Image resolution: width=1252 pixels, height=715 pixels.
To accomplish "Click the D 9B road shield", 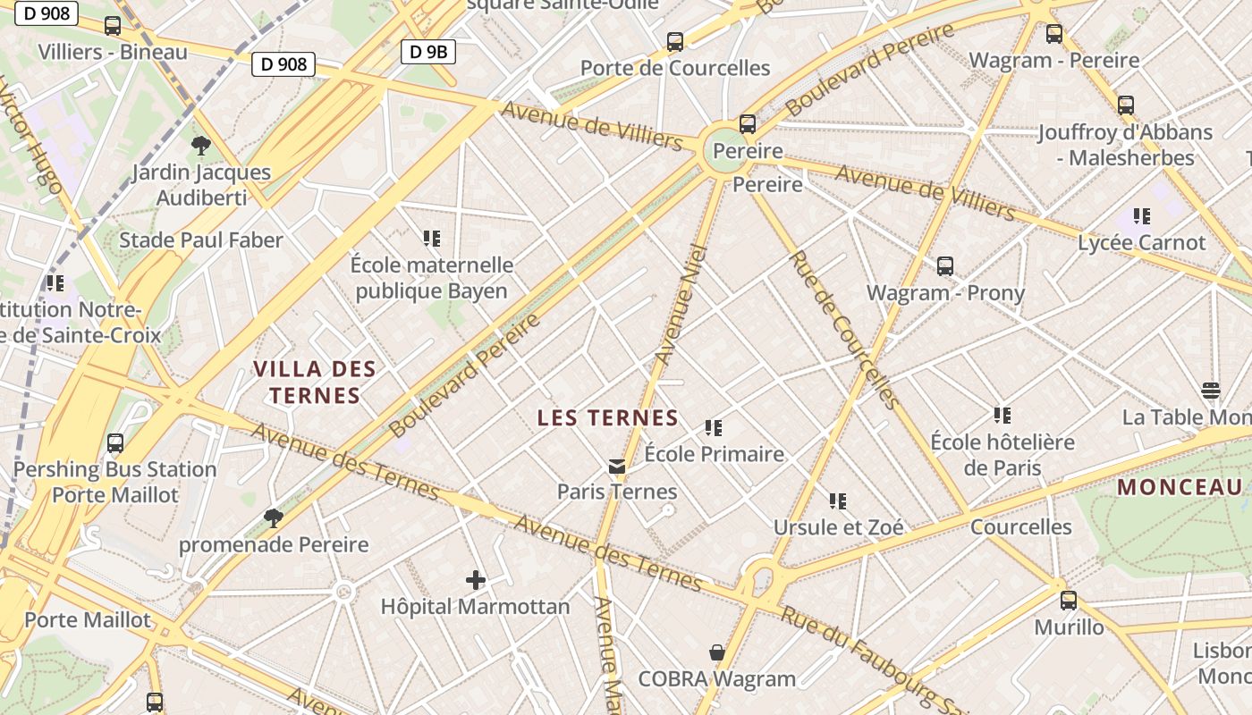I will tap(428, 52).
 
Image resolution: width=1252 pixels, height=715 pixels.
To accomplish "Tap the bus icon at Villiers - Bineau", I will tap(113, 26).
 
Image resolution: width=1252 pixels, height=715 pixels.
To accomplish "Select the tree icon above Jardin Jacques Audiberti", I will tap(201, 145).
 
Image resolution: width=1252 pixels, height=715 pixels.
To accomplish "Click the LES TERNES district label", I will tap(608, 417).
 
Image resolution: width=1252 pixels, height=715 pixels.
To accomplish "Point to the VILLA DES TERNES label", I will tap(314, 382).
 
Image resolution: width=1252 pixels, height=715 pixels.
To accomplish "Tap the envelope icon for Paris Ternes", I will tap(617, 466).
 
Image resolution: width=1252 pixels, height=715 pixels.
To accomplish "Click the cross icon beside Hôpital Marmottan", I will tap(476, 580).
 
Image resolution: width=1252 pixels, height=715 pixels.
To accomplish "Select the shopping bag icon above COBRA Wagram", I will tap(716, 652).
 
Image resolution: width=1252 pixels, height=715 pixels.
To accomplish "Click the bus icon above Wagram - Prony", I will tap(945, 266).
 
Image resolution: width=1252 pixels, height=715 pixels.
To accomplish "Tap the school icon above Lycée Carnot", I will tap(1141, 216).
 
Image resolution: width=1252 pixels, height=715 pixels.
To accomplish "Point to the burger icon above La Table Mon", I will tap(1211, 391).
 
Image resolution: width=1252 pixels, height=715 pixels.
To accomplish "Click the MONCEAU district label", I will tap(1180, 487).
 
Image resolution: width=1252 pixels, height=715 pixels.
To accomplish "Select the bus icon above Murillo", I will tap(1069, 601).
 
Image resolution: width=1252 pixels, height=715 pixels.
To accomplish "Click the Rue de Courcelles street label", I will tap(842, 329).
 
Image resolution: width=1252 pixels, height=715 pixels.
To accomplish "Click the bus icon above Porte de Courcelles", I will tap(675, 42).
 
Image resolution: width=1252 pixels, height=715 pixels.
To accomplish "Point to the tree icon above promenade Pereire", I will tap(274, 517).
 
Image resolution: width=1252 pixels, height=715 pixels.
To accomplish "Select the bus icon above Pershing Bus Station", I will tap(115, 442).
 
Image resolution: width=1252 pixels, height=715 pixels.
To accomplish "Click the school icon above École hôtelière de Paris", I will tap(1002, 416).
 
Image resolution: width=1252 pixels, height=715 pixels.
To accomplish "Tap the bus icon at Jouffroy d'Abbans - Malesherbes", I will tap(1126, 105).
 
